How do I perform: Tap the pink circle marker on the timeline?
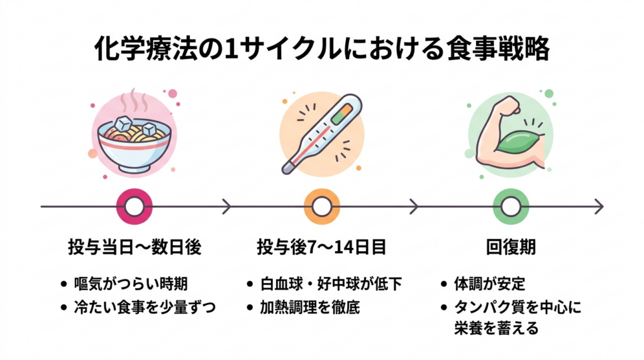135,206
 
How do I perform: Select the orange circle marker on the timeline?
322,206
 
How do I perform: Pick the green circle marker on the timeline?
511,206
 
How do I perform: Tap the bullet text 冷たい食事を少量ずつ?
143,307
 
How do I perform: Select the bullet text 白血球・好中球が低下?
331,284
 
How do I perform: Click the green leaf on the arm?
517,141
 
